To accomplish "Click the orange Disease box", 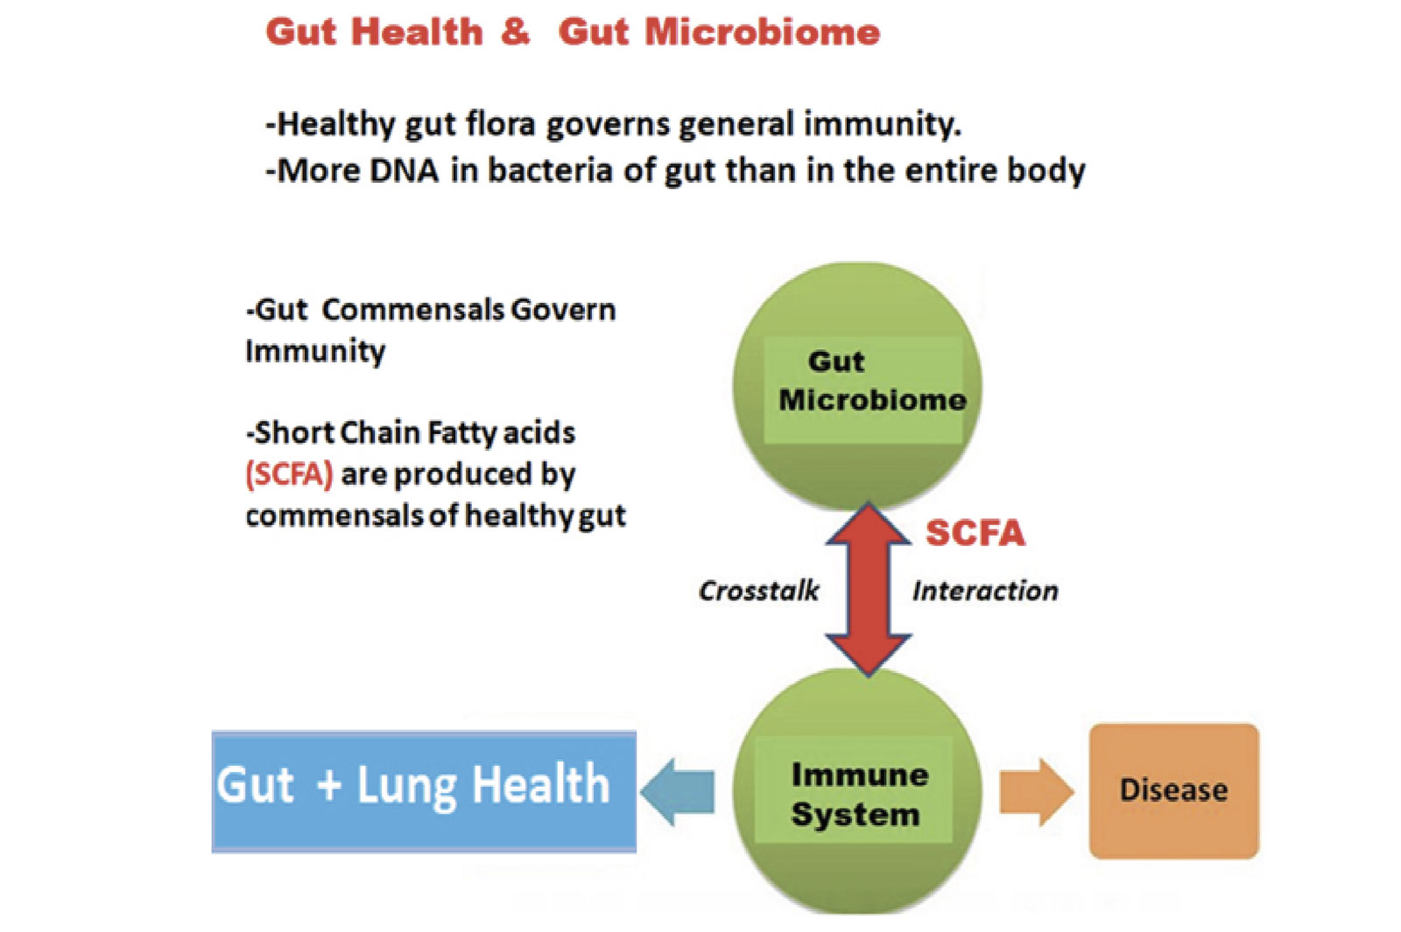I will pos(1173,790).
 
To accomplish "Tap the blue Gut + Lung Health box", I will pos(424,791).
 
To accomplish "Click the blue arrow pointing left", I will pos(678,791).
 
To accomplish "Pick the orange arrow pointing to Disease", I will pos(1036,791).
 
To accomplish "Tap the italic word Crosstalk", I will pos(758,591).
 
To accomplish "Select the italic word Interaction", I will pos(985,591).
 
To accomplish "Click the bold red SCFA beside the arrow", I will pos(975,533).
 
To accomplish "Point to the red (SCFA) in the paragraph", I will pos(289,474).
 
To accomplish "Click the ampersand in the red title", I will pos(516,32).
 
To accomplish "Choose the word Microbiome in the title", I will pos(762,32).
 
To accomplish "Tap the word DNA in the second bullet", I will pos(404,171).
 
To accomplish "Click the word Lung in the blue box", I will pos(406,786).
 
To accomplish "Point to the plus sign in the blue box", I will pos(329,784).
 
